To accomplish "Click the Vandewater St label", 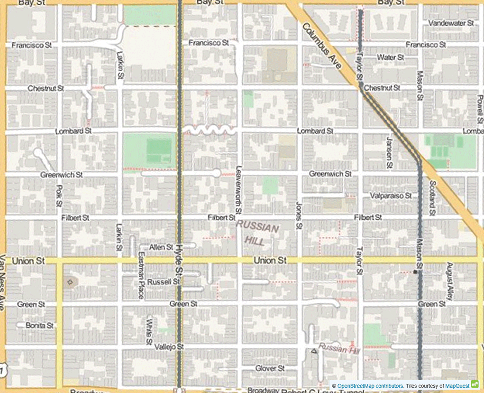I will coord(451,23).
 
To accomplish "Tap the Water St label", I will coord(390,57).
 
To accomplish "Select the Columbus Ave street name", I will coord(321,46).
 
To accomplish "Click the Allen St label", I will coord(161,247).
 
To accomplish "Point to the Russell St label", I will coord(163,281).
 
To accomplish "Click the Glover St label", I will coord(269,368).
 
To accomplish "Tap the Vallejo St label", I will coord(169,347).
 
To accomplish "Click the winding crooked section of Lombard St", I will coord(210,130).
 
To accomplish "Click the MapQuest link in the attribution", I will coord(457,386).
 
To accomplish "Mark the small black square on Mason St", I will coord(415,272).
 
